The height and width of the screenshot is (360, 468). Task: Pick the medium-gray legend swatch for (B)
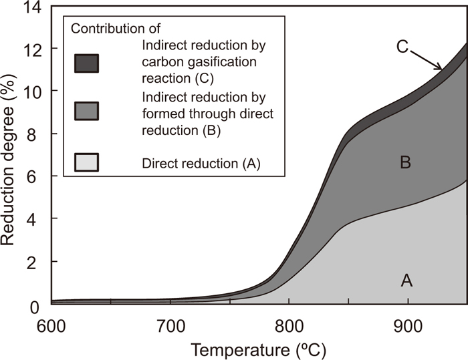click(x=86, y=111)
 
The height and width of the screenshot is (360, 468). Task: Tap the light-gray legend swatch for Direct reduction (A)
click(x=86, y=161)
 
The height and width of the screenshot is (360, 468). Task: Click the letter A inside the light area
click(x=406, y=281)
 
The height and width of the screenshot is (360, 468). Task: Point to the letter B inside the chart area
click(x=404, y=162)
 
